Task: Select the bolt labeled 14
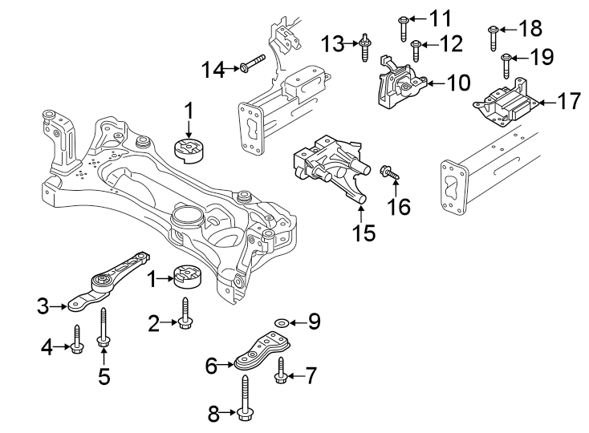pyautogui.click(x=250, y=63)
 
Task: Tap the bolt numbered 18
pyautogui.click(x=494, y=37)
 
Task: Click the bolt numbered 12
pyautogui.click(x=416, y=50)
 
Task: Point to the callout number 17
pyautogui.click(x=569, y=103)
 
